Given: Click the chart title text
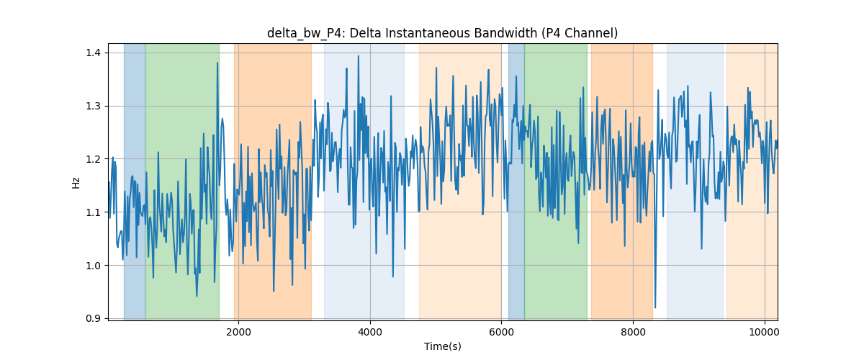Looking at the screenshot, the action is tap(442, 33).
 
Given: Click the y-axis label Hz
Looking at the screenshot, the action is tap(76, 183).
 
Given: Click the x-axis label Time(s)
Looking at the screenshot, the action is tap(442, 346).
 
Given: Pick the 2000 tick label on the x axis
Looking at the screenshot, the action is tap(239, 332).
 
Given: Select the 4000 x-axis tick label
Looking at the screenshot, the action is tap(370, 332).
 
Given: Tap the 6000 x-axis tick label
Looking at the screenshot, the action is tap(501, 332).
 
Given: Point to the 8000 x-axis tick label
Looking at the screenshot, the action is tap(633, 332).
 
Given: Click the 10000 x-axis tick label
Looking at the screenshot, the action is tap(765, 332).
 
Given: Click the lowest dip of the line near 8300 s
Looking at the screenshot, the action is tap(655, 307).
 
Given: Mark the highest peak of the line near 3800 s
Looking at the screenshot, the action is tap(359, 56).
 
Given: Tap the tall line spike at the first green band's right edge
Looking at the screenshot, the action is tap(217, 63).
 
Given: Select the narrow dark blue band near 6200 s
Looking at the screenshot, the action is tap(516, 181).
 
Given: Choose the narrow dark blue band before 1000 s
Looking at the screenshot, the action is tap(135, 181).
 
